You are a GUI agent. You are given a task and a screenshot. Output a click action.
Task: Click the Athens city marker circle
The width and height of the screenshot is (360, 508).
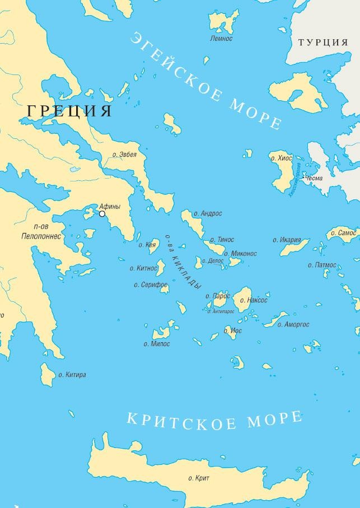(102, 213)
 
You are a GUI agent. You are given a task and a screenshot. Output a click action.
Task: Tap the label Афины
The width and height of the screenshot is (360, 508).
(110, 206)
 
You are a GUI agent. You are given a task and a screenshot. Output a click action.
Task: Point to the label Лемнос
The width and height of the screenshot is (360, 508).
(221, 39)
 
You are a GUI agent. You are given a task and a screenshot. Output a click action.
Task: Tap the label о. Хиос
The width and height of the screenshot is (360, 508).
(281, 158)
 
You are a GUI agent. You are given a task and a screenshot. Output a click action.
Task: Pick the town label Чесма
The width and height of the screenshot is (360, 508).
(314, 178)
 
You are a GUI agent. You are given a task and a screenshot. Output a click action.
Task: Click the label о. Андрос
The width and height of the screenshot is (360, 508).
(208, 213)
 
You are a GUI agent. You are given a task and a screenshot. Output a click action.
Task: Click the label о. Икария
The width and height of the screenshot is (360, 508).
(287, 240)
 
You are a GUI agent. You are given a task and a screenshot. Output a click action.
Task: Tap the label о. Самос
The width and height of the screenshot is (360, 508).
(344, 232)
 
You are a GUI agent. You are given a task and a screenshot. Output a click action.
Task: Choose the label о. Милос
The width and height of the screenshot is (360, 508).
(157, 344)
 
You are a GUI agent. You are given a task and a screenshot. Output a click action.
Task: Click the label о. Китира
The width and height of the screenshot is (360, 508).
(73, 375)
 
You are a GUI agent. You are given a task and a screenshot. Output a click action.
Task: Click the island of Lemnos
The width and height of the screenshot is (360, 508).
(223, 22)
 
